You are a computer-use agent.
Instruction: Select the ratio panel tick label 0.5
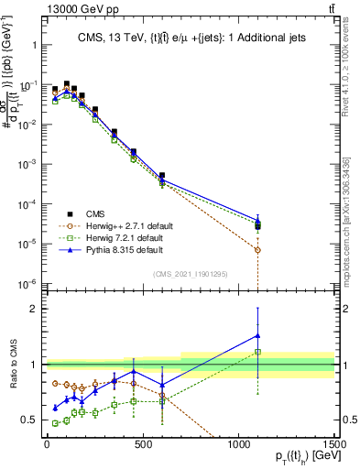click(28, 420)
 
